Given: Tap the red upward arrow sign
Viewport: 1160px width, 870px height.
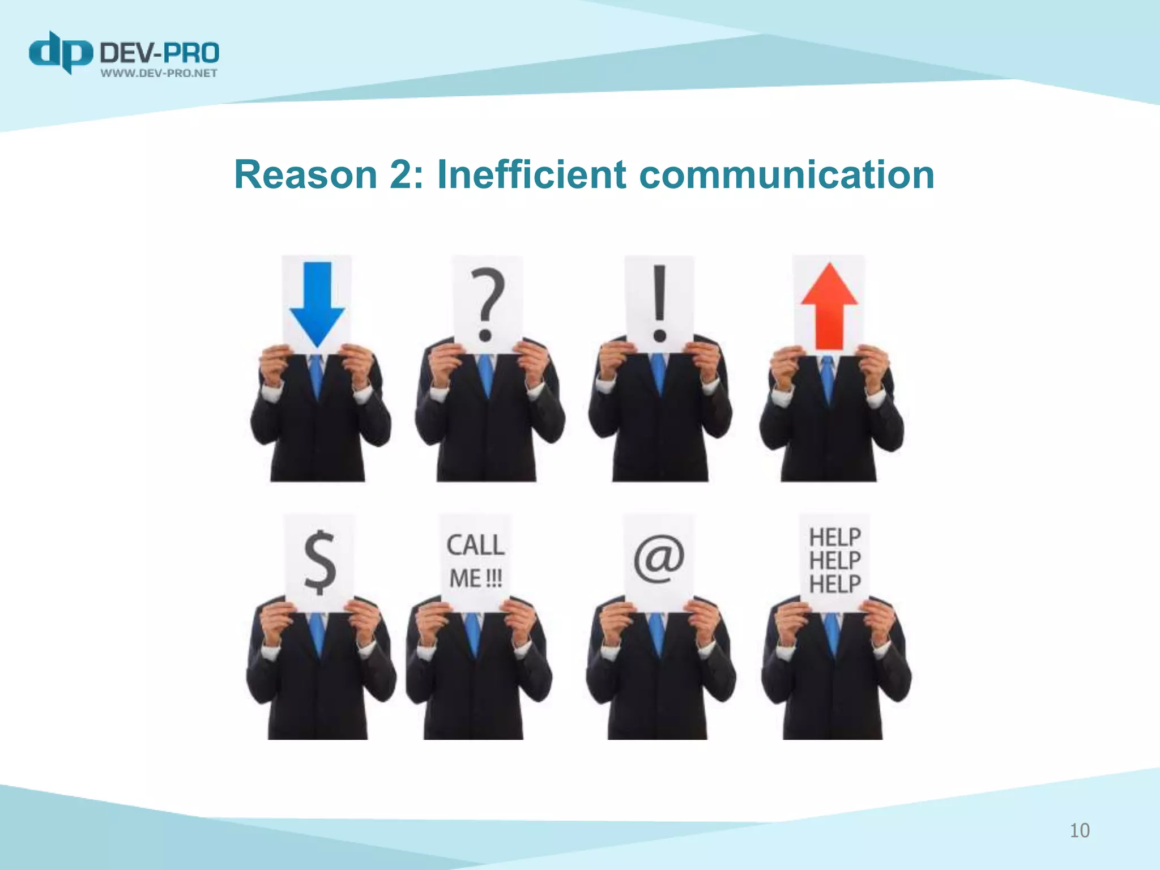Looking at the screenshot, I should click(x=829, y=306).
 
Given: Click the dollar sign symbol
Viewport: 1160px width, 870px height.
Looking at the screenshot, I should click(x=320, y=561).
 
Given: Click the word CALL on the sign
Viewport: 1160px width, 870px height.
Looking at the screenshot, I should click(x=475, y=545).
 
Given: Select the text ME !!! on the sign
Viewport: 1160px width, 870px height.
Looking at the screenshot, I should click(x=475, y=579).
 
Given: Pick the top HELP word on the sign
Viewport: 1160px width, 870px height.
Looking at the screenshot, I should click(x=835, y=537).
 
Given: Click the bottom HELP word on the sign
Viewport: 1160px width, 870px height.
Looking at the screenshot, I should click(x=835, y=583).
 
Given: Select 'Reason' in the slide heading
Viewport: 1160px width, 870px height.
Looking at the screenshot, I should click(x=306, y=174).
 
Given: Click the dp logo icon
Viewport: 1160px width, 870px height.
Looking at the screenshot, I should click(x=61, y=53).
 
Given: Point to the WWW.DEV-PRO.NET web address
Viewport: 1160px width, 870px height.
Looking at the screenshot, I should click(x=159, y=73).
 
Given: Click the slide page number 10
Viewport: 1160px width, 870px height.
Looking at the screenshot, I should click(x=1080, y=830).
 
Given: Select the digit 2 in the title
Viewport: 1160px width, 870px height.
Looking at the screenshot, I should click(x=402, y=174).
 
